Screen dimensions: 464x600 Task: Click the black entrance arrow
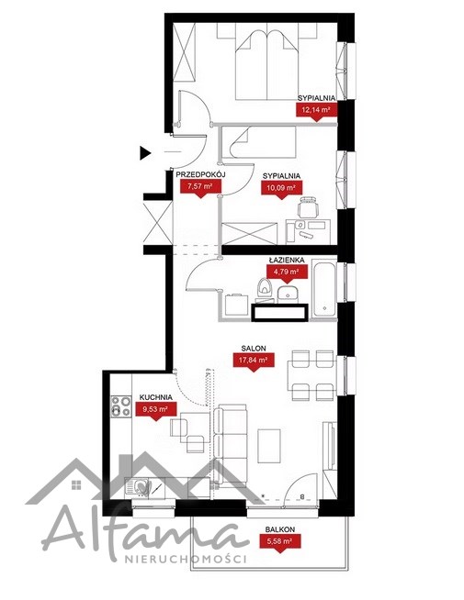(x=145, y=153)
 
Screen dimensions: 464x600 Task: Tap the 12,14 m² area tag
(x=316, y=111)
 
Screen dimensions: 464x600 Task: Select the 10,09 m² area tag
(x=282, y=189)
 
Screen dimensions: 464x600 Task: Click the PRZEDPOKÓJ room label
(x=200, y=174)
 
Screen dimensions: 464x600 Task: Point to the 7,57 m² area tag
(x=199, y=187)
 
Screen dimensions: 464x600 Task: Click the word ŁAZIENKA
(x=287, y=260)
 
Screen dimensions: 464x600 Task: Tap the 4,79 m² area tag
(x=287, y=272)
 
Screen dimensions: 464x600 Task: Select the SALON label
(x=254, y=349)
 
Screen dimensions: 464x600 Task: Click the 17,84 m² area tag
(x=254, y=361)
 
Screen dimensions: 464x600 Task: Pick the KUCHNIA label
(x=155, y=397)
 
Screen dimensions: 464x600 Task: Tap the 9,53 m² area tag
(x=155, y=410)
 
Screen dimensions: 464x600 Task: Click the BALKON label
(x=280, y=529)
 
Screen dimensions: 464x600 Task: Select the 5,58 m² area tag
(x=280, y=542)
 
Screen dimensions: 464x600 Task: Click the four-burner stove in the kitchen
(x=120, y=406)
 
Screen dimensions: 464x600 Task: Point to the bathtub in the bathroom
(x=324, y=288)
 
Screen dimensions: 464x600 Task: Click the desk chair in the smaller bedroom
(x=309, y=206)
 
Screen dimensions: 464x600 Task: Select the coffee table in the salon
(x=269, y=445)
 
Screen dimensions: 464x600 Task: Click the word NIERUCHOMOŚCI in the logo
(x=186, y=559)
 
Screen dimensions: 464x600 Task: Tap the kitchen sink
(x=137, y=488)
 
